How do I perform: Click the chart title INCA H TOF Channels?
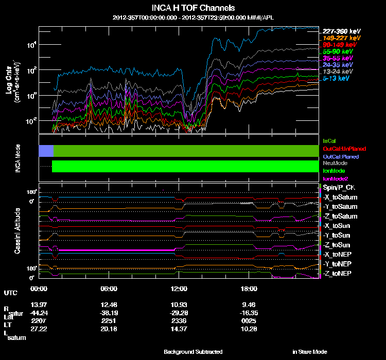click(x=194, y=8)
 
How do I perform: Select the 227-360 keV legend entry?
click(x=339, y=30)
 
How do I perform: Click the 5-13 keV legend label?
click(x=336, y=78)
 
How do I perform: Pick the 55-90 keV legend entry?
click(x=338, y=51)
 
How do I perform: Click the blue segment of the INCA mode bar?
click(x=46, y=151)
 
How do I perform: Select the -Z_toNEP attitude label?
click(x=338, y=273)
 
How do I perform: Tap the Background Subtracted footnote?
click(x=193, y=352)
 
